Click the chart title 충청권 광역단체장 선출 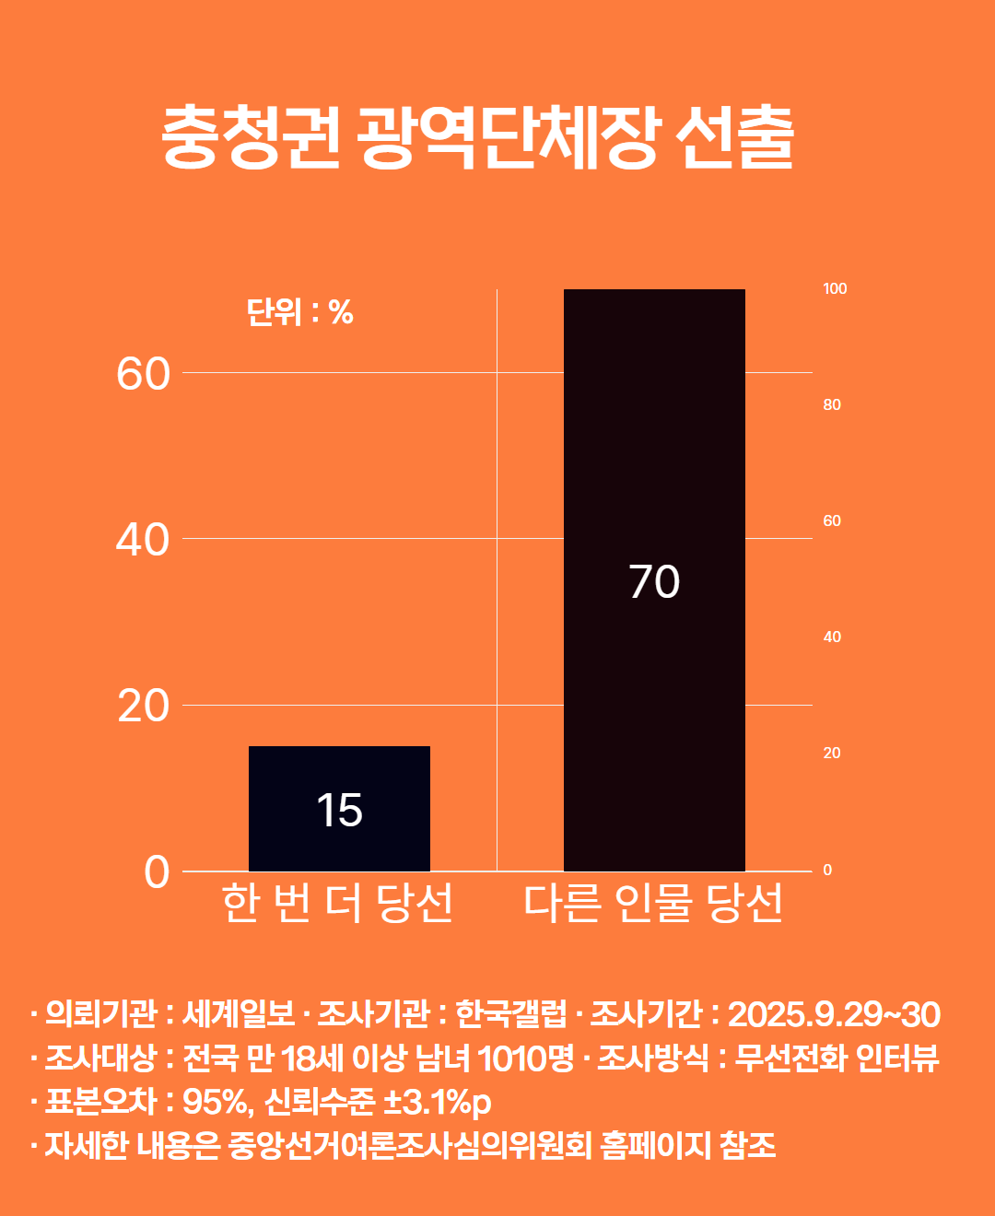click(x=477, y=138)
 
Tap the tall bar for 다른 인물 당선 click(x=654, y=461)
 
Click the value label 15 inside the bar click(x=339, y=811)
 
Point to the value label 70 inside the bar click(x=654, y=582)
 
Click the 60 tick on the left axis click(x=144, y=374)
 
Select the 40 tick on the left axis click(x=144, y=540)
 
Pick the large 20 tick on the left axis click(x=144, y=707)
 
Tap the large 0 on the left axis click(x=157, y=872)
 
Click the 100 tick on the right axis click(x=835, y=289)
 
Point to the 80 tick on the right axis click(x=832, y=405)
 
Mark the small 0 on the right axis click(x=827, y=871)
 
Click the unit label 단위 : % click(x=300, y=313)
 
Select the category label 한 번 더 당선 click(x=338, y=904)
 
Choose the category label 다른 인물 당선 click(x=653, y=904)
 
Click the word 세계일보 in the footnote click(x=239, y=1014)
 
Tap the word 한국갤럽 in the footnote click(x=511, y=1014)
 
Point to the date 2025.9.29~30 click(x=834, y=1014)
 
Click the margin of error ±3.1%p click(x=437, y=1103)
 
